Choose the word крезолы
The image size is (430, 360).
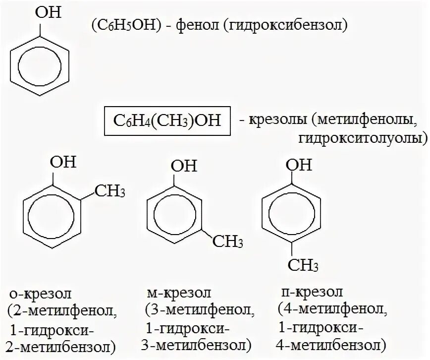[278, 120]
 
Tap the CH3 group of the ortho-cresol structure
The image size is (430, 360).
[110, 190]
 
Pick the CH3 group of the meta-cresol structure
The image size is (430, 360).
[227, 242]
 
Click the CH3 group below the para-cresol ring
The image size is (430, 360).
[302, 267]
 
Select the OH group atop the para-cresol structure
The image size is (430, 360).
[300, 164]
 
